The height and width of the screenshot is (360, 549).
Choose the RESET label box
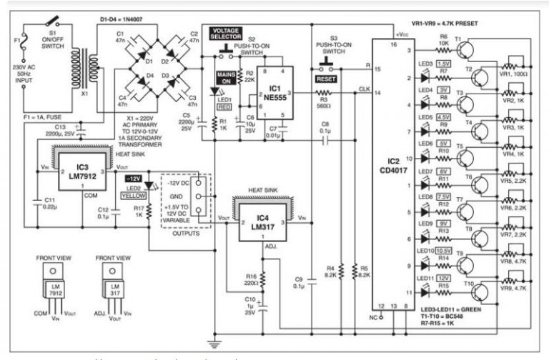coord(324,79)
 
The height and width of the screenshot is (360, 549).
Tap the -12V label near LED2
coord(134,178)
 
